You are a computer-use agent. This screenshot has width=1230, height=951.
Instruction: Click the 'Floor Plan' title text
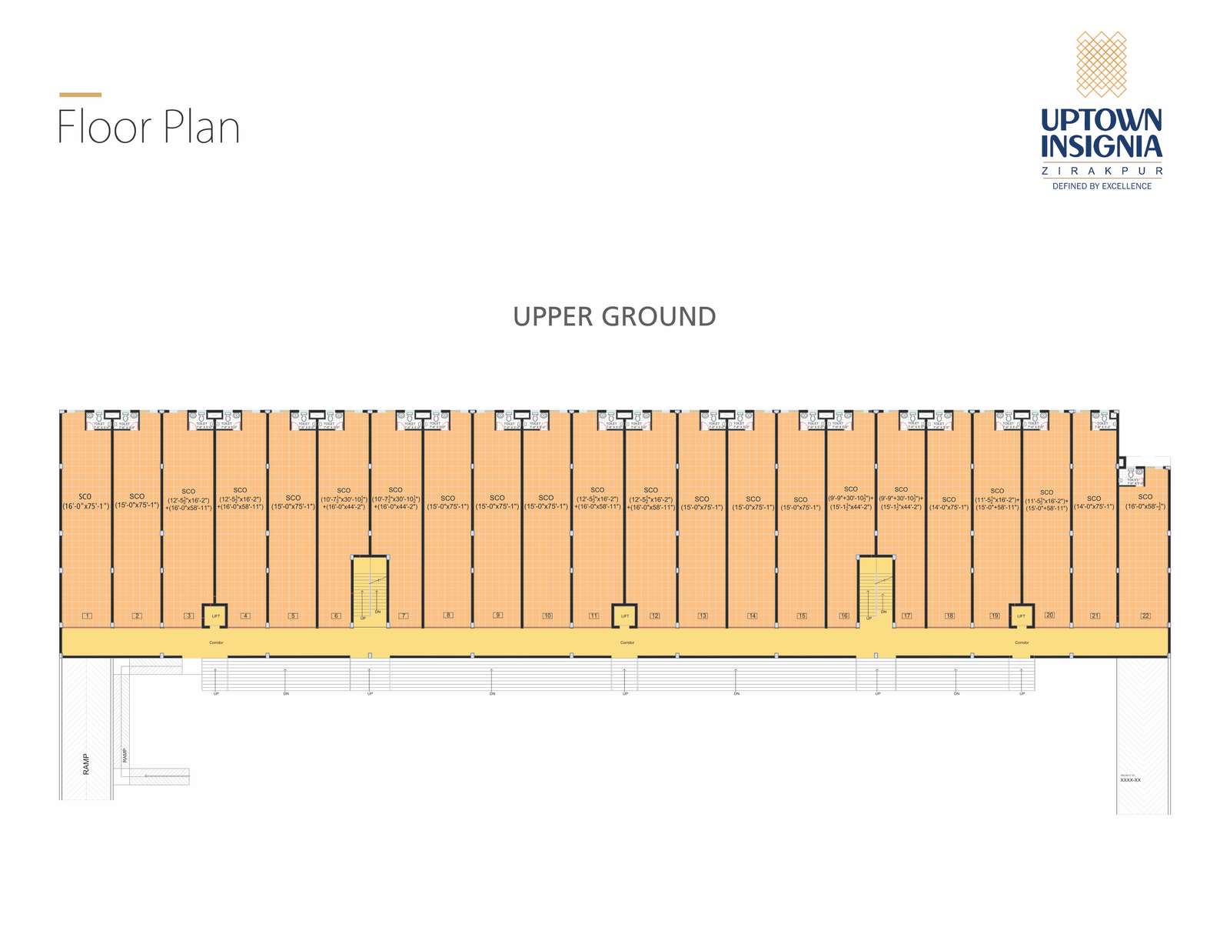coord(148,128)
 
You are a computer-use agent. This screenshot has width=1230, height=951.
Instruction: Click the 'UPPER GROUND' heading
coord(614,317)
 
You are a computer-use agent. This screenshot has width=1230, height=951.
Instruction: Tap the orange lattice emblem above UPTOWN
coord(1101,64)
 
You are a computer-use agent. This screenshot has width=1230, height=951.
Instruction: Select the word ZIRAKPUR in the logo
coord(1102,172)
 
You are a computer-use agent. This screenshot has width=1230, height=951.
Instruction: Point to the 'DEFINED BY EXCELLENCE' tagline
coord(1102,186)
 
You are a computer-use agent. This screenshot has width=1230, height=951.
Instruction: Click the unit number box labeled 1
coord(88,616)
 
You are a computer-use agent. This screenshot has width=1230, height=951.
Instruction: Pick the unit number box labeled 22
coord(1145,616)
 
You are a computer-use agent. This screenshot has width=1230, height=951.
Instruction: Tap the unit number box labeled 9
coord(498,615)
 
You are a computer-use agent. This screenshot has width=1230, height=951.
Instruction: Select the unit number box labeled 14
coord(752,616)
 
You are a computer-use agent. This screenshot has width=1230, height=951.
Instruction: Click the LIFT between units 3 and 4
coord(215,616)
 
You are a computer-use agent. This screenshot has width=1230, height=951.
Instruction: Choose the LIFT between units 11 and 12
coord(625,616)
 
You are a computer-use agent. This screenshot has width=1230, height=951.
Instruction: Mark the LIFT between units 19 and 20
coord(1021,616)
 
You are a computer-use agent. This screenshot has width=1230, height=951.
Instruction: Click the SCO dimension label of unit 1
coord(85,502)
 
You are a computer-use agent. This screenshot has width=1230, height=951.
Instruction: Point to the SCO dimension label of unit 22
coord(1145,502)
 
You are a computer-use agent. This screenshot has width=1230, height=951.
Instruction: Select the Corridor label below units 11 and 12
coord(627,642)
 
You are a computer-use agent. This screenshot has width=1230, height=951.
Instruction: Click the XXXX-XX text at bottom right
coord(1130,780)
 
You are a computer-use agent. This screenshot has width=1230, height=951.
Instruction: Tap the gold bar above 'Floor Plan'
coord(80,95)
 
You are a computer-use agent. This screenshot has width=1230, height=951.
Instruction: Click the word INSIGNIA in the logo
coord(1102,146)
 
